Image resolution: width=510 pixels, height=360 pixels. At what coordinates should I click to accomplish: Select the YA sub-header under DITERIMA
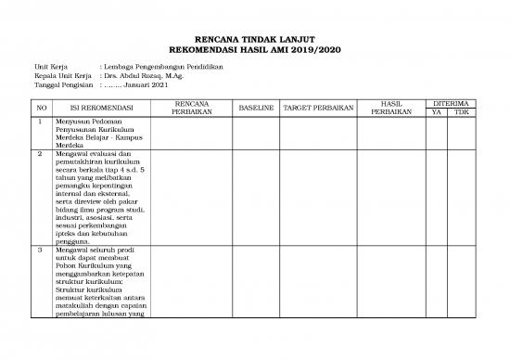[437, 112]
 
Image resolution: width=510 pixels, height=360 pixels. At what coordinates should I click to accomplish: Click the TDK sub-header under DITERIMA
[462, 112]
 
